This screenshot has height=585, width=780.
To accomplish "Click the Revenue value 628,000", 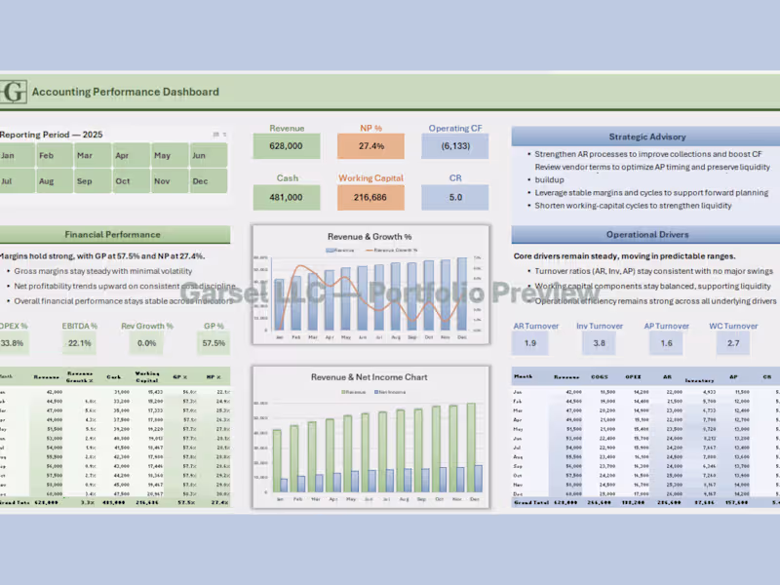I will pos(287,146).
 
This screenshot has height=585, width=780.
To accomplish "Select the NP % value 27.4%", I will pos(370,146).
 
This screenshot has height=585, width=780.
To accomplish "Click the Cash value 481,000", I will pos(287,197).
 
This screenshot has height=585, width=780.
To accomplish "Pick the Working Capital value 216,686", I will pos(370,197).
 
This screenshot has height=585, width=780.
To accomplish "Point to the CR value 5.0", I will pos(455,197).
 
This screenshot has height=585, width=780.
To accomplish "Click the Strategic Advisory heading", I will pos(646,137).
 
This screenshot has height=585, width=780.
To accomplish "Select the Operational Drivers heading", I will pos(646,235).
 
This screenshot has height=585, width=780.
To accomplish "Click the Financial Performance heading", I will pos(113,235).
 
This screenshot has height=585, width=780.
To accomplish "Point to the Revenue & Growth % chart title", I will pos(370,236).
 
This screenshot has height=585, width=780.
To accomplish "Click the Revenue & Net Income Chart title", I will pos(370,377).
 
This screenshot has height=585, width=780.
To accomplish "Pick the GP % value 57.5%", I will pos(213,343).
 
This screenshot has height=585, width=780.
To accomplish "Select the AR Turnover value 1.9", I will pos(529,343).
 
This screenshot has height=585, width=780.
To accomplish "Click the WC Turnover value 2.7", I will pos(733,343).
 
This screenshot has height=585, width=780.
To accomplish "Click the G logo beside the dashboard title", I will pos(14,93).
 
